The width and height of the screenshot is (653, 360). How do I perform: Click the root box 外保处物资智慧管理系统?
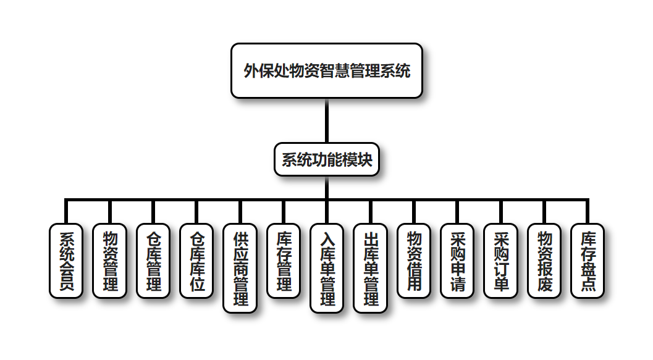pos(326,70)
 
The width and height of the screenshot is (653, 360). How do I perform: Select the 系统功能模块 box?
pos(326,160)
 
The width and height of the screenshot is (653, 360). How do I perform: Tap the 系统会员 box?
pos(65,261)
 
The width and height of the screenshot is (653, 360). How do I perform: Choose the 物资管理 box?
pos(109,261)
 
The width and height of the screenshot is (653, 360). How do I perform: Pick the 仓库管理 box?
pos(153,261)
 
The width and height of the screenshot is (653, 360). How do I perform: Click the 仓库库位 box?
pos(196,261)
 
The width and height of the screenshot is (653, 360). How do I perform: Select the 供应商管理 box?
pos(240,268)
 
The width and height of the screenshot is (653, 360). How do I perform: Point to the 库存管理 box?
pos(284,261)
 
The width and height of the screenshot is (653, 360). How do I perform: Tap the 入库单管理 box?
pos(327,268)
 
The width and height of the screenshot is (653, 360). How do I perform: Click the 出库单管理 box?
pos(371,268)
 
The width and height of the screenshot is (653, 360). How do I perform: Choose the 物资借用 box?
pos(414,261)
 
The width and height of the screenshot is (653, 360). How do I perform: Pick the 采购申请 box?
pos(458,261)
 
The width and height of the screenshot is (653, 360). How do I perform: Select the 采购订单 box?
pos(501,261)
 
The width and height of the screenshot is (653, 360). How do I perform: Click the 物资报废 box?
pos(544,261)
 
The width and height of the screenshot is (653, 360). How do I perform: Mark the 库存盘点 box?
pos(588,261)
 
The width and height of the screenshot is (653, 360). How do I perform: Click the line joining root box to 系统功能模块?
pos(326,121)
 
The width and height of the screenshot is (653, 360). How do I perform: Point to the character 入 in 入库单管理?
pos(327,238)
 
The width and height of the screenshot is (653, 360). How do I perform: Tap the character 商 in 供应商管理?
pos(240,269)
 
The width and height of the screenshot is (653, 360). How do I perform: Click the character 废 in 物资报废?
pos(544,283)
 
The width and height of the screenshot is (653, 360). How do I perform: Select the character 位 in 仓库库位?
pos(196,283)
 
